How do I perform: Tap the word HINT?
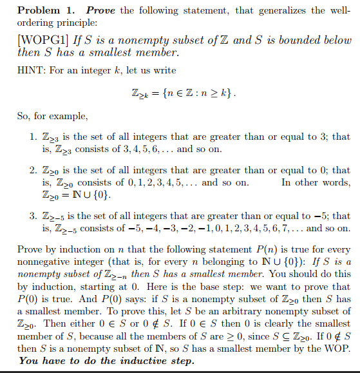(x=32, y=70)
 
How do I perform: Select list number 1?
(x=33, y=137)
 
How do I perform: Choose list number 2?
(x=33, y=171)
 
